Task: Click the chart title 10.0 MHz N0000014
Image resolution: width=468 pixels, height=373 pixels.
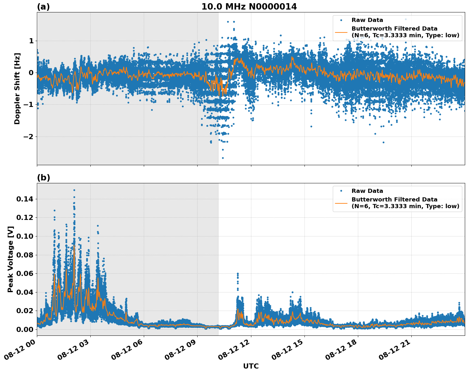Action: tap(249, 7)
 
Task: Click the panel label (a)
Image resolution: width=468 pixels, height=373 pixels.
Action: tap(43, 7)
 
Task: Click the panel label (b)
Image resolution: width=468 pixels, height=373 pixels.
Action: tap(43, 178)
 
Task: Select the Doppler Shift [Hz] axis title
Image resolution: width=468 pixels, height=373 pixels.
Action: tap(17, 88)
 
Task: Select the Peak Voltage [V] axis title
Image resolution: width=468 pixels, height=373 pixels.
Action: tap(10, 259)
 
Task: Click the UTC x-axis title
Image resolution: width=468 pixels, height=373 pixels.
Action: tap(251, 366)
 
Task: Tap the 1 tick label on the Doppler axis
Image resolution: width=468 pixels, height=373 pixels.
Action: tap(31, 41)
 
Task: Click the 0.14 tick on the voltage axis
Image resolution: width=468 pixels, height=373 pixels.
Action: tap(25, 199)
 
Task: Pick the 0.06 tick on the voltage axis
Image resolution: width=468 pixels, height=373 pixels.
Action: tap(25, 274)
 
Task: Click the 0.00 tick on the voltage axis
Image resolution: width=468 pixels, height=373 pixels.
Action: tap(25, 329)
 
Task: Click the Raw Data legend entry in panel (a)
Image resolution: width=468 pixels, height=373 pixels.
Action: tap(367, 20)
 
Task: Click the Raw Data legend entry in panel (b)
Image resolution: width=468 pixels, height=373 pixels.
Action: tap(367, 191)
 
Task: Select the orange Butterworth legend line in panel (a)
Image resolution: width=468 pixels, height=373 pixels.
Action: tap(341, 32)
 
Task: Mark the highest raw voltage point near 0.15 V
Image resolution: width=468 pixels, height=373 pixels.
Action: tap(74, 190)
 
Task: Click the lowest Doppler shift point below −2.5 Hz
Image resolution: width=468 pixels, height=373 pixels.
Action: tap(223, 158)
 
